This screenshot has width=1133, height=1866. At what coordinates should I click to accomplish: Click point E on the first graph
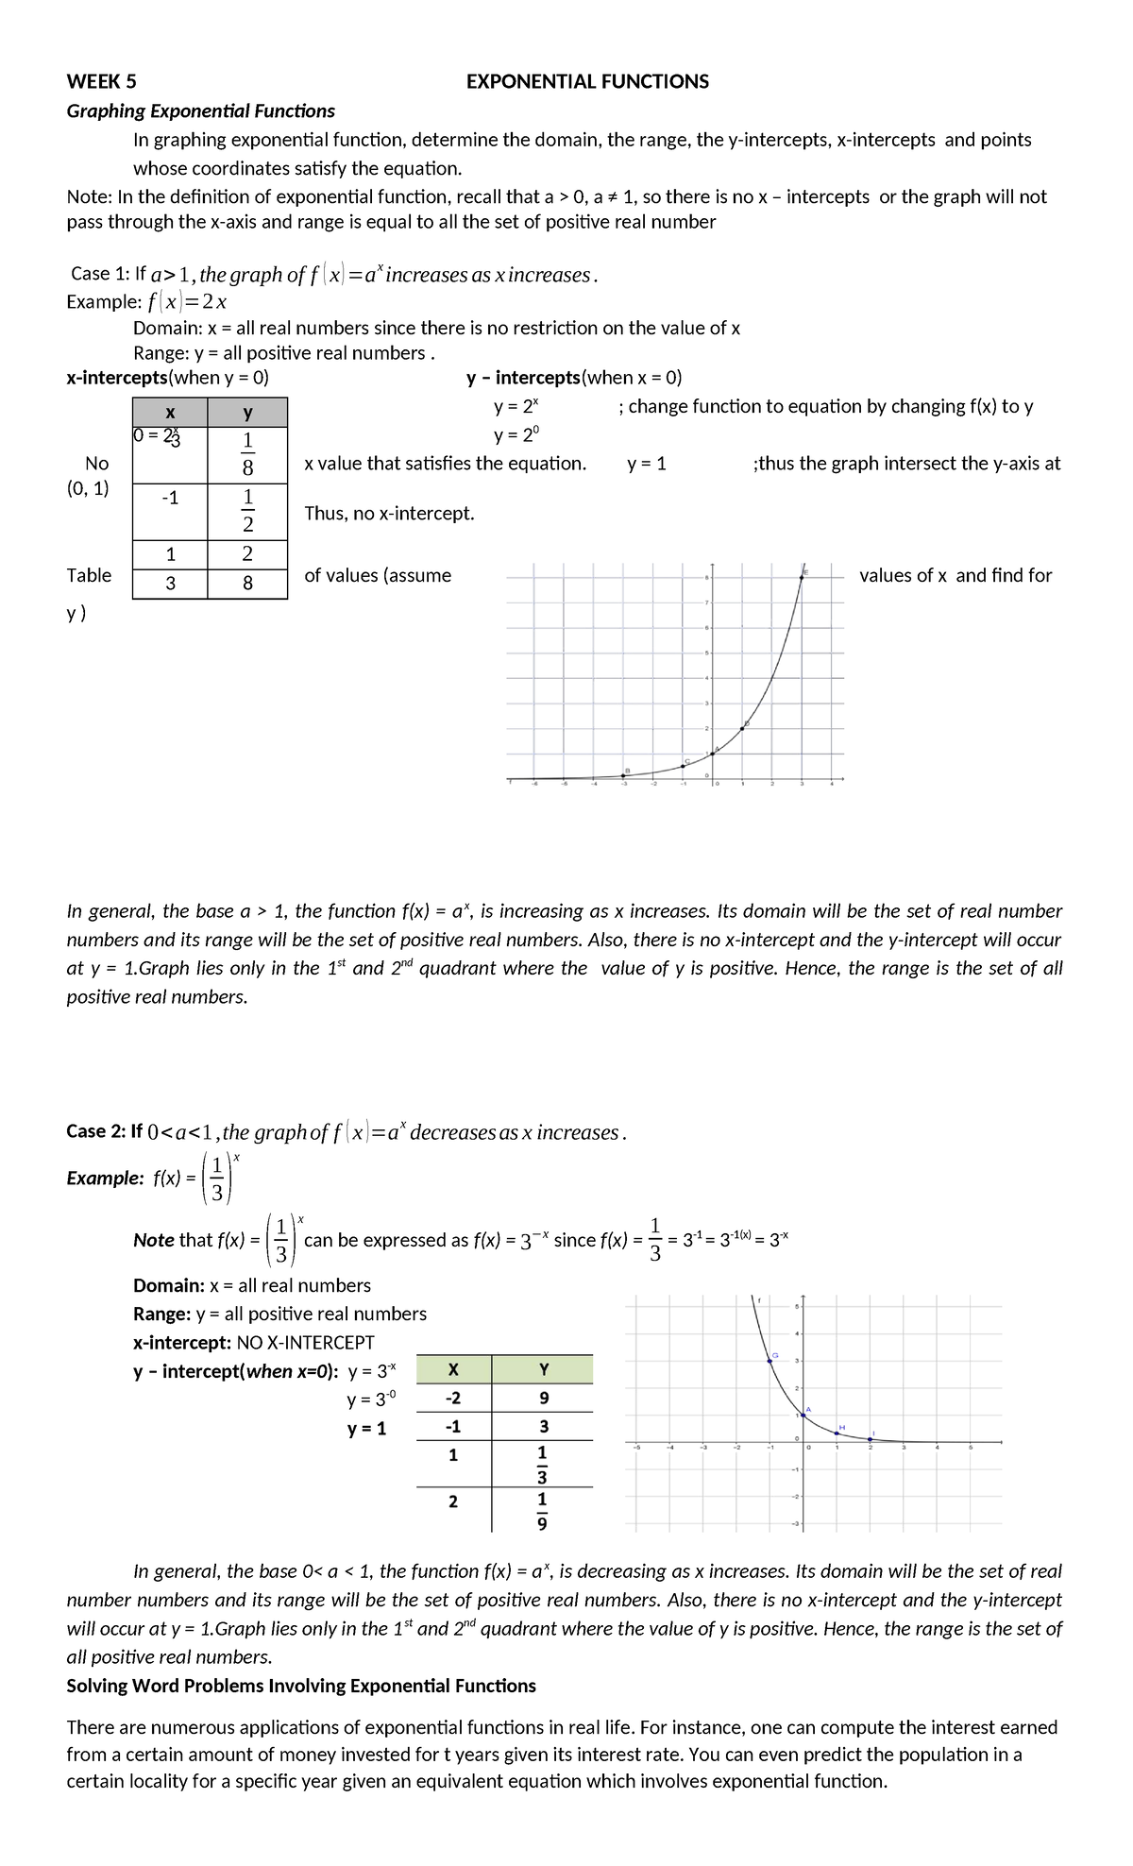[x=803, y=576]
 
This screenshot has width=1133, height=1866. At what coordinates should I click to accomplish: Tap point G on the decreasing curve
[x=769, y=1361]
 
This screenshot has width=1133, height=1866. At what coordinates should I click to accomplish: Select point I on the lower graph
[x=871, y=1438]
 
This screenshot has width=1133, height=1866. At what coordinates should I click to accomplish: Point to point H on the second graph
[x=837, y=1433]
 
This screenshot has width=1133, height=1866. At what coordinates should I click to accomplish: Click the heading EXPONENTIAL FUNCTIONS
[x=587, y=82]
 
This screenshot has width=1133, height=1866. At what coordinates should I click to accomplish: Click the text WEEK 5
[x=101, y=82]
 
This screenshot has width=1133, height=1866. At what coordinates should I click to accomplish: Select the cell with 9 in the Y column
[x=542, y=1399]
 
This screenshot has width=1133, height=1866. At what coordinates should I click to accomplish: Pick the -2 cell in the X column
[x=452, y=1399]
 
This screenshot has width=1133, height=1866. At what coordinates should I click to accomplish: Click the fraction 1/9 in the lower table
[x=542, y=1510]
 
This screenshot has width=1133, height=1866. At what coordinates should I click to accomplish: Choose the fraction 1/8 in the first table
[x=247, y=454]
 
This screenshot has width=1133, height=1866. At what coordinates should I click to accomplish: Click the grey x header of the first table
[x=170, y=413]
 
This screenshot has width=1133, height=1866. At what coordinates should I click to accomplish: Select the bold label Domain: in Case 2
[x=169, y=1285]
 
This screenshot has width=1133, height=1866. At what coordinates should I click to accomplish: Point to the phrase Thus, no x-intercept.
[x=389, y=514]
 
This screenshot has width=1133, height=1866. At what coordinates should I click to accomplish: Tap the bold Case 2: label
[x=104, y=1131]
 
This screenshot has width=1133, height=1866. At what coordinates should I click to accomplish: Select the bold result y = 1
[x=366, y=1429]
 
